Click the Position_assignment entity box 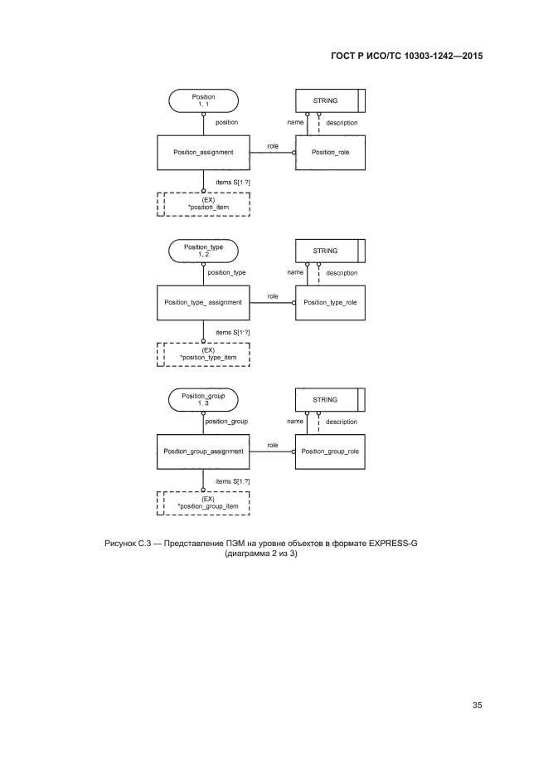pyautogui.click(x=203, y=153)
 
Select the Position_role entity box pyautogui.click(x=329, y=153)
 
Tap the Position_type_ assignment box pyautogui.click(x=203, y=302)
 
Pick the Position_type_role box pyautogui.click(x=329, y=302)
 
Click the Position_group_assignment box pyautogui.click(x=203, y=451)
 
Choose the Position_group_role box pyautogui.click(x=329, y=451)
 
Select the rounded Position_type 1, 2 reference pyautogui.click(x=203, y=250)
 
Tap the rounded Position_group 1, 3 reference pyautogui.click(x=203, y=400)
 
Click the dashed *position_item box pyautogui.click(x=203, y=203)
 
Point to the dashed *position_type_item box pyautogui.click(x=203, y=354)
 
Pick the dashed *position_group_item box pyautogui.click(x=203, y=503)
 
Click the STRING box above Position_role pyautogui.click(x=329, y=100)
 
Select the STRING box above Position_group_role pyautogui.click(x=329, y=400)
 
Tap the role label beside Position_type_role pyautogui.click(x=273, y=295)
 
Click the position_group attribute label pyautogui.click(x=226, y=422)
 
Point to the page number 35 pyautogui.click(x=477, y=705)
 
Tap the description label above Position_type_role pyautogui.click(x=342, y=272)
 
